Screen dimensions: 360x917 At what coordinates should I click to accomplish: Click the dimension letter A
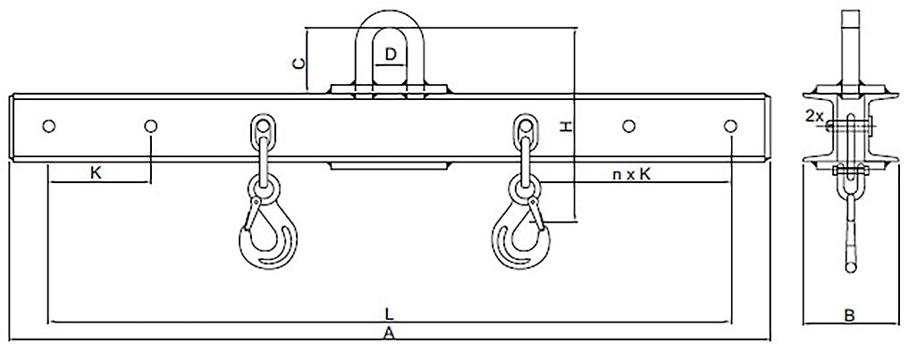pos(388,334)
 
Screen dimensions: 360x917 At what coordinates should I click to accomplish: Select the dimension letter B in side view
pos(850,314)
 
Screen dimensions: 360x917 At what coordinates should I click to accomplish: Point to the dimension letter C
pos(301,63)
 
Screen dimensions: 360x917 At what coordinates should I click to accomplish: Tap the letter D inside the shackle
pos(390,54)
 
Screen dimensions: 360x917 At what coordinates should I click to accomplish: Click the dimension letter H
pos(565,128)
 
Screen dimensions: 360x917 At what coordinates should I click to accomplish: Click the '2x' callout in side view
pos(814,116)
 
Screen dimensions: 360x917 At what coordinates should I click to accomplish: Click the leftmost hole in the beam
pos(48,126)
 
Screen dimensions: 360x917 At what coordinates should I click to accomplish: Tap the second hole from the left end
pos(151,126)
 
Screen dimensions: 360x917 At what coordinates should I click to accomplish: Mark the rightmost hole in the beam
pos(731,126)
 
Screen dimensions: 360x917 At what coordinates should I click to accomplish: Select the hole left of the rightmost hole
pos(628,126)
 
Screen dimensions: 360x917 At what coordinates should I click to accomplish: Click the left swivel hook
pos(265,232)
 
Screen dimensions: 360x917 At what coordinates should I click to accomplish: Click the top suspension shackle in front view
pos(390,49)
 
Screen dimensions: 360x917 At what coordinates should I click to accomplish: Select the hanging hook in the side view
pos(849,232)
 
